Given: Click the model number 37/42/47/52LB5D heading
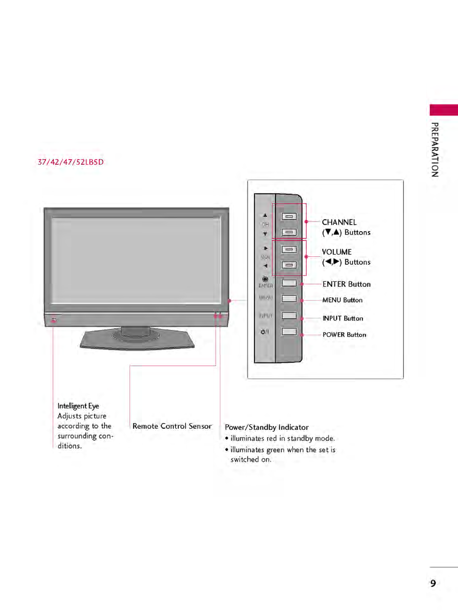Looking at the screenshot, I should click(x=70, y=162).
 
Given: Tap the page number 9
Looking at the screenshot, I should click(x=433, y=583).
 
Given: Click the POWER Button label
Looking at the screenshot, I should click(x=344, y=335).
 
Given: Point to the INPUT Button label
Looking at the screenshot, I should click(x=343, y=318).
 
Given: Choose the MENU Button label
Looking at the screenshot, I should click(x=342, y=300).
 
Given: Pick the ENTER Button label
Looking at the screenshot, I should click(x=346, y=284).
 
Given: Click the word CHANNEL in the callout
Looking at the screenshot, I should click(x=339, y=222).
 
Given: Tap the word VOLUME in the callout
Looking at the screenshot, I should click(x=337, y=252).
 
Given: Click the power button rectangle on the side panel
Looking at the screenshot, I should click(x=289, y=332).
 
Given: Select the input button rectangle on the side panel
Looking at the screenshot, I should click(x=289, y=316).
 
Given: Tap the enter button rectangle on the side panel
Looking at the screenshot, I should click(x=289, y=283).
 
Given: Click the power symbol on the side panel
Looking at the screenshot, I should click(x=265, y=332).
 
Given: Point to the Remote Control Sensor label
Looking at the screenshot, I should click(x=172, y=426).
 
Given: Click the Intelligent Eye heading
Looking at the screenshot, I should click(x=78, y=406).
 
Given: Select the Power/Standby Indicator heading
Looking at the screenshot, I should click(x=267, y=427).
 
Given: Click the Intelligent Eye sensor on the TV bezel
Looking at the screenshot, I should click(x=54, y=320).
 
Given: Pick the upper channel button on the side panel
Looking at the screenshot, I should click(x=289, y=217).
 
